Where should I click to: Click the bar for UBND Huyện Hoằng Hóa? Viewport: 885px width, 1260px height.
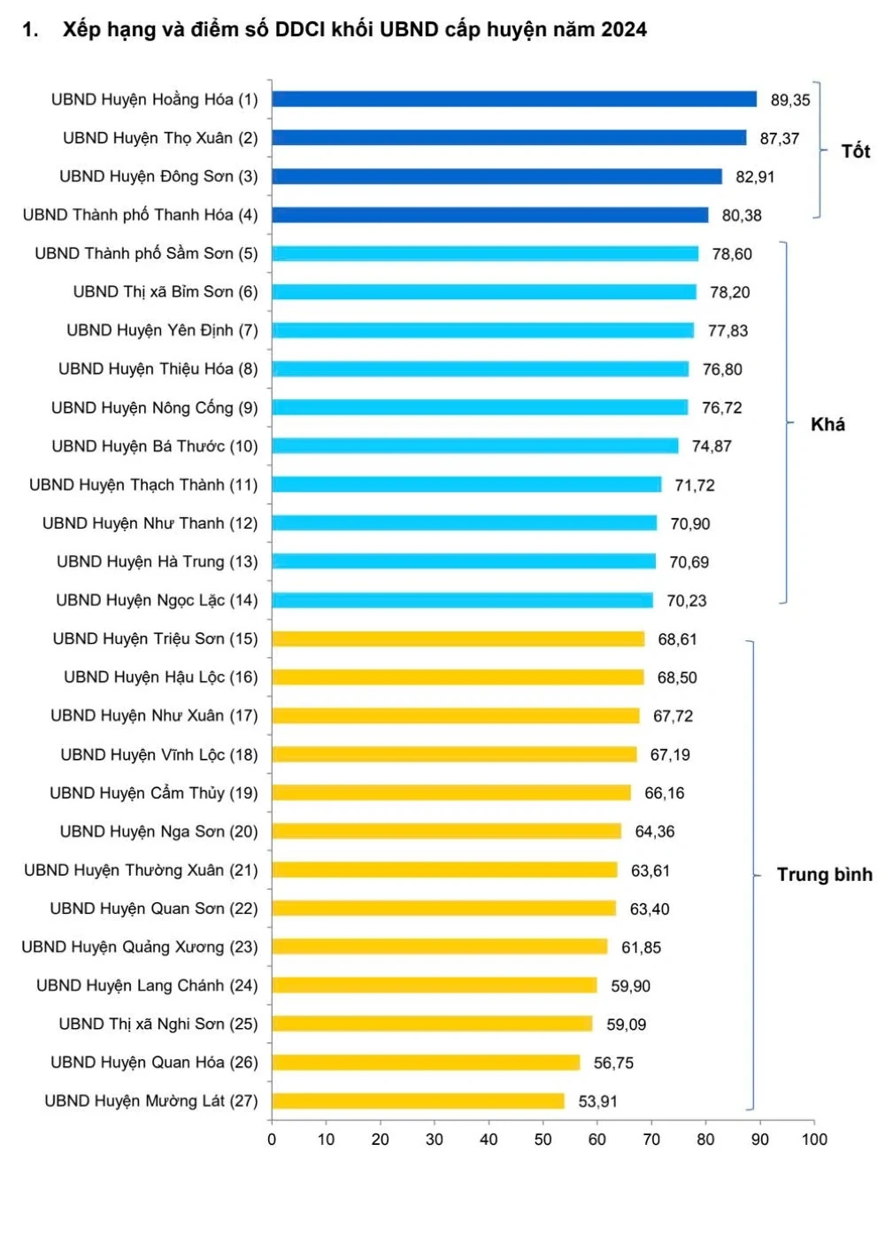point(513,99)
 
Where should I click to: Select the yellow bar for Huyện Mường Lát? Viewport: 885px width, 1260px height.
point(418,1102)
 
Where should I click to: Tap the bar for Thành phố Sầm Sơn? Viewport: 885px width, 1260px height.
point(485,253)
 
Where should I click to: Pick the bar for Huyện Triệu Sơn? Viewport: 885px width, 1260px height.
point(458,639)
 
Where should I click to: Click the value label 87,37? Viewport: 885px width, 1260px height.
point(779,139)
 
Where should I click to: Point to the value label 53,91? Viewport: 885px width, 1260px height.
point(597,1102)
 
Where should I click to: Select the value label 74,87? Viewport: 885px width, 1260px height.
point(712,446)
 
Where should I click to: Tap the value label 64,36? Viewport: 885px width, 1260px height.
point(654,831)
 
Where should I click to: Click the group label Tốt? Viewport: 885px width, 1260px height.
point(855,151)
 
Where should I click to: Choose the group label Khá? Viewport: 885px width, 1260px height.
point(827,425)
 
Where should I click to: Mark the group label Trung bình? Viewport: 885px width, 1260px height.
point(824,875)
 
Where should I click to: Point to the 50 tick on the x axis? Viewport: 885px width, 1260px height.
point(543,1140)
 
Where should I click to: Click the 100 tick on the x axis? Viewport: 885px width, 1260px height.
point(814,1140)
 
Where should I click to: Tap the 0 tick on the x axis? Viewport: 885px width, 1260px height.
point(272,1140)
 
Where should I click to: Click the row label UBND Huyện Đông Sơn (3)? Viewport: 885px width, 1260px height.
point(158,176)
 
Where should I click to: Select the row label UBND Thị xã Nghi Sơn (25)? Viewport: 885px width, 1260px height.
point(158,1024)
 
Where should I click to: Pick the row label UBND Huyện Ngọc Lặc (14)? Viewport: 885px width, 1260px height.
point(157,600)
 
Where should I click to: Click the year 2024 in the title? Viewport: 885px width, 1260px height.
point(624,30)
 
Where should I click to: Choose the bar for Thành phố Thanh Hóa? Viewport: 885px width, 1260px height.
point(489,215)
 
